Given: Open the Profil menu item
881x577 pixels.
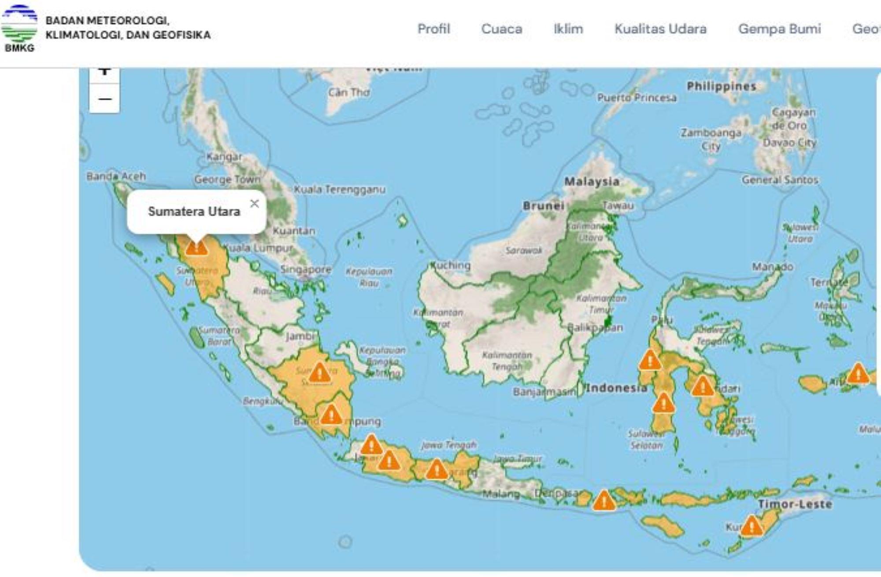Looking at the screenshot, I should [433, 29].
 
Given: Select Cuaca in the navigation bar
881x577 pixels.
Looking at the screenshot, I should [501, 29].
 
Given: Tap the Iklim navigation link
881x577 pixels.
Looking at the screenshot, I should [568, 29].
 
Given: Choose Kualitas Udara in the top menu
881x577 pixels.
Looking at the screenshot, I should [660, 29].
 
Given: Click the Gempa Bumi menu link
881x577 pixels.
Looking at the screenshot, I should [779, 29].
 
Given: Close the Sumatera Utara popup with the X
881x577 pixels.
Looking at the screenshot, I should [254, 203].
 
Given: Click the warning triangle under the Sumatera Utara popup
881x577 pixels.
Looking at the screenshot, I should [196, 247].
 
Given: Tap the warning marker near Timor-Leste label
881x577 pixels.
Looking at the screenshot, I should [751, 526].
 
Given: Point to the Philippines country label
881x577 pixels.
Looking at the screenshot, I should [721, 86].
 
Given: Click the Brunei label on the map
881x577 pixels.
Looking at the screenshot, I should [543, 206].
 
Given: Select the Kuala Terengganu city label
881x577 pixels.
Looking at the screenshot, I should [339, 190].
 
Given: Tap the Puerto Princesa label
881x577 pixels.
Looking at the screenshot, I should [637, 98].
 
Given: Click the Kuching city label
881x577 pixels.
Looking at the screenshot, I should [451, 265].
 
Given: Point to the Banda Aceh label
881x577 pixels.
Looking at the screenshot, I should [116, 176].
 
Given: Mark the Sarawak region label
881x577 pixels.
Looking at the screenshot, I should [524, 250].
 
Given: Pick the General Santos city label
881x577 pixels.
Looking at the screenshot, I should [780, 180].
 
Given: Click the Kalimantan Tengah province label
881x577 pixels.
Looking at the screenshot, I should [507, 360].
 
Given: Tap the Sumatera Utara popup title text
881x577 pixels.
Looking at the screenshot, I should [194, 211].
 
